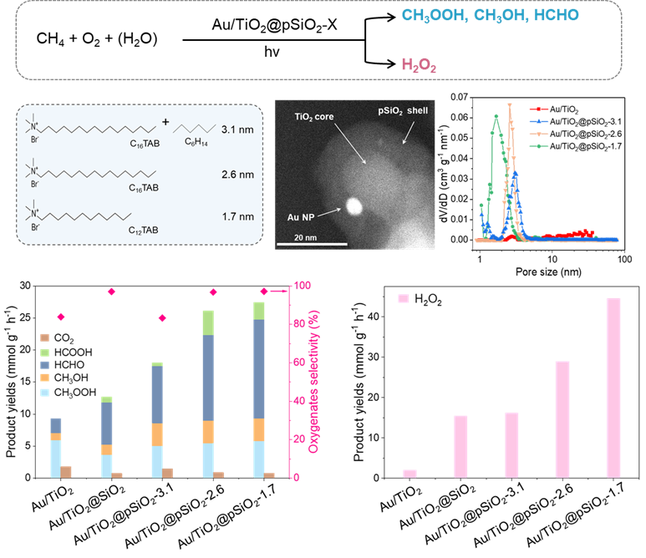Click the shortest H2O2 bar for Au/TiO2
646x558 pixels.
[409, 474]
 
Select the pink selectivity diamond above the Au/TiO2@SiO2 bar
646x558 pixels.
[112, 291]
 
